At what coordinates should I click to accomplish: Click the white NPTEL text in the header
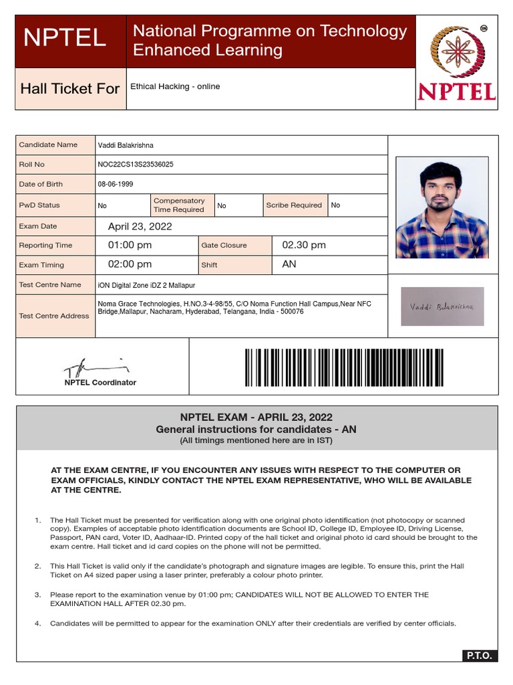(64, 38)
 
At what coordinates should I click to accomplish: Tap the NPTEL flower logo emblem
(456, 52)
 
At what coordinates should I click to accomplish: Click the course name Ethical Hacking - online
(175, 86)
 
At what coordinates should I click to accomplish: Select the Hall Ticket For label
(70, 89)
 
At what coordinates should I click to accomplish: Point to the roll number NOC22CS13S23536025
(136, 165)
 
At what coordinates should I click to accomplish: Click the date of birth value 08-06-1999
(116, 184)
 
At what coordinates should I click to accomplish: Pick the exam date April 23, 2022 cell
(140, 227)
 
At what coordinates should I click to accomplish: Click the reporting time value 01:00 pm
(130, 246)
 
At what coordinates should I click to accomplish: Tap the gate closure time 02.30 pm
(304, 246)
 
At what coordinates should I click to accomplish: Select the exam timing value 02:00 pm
(130, 264)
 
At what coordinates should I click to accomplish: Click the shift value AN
(289, 264)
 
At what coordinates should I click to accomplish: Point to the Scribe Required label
(294, 205)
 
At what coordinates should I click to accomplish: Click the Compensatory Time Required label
(179, 205)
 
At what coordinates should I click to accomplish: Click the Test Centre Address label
(54, 316)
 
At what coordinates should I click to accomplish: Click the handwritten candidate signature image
(442, 306)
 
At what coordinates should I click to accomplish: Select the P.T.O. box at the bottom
(479, 656)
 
